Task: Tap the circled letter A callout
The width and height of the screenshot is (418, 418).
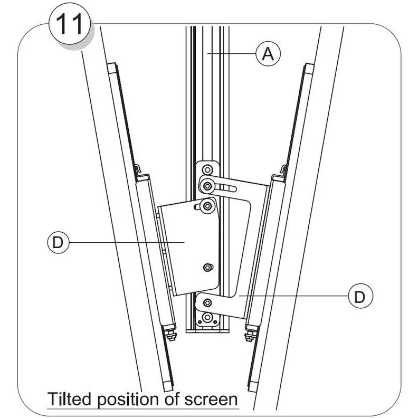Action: tap(268, 53)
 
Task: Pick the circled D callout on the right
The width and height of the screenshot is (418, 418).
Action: tap(359, 296)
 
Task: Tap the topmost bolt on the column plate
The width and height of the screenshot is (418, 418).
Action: tap(208, 169)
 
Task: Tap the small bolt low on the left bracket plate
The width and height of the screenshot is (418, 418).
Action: tap(208, 268)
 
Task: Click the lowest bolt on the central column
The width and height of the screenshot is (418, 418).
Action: tap(208, 318)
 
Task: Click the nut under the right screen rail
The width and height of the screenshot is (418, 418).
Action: tap(249, 334)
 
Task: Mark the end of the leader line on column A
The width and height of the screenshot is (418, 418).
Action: tap(208, 53)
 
